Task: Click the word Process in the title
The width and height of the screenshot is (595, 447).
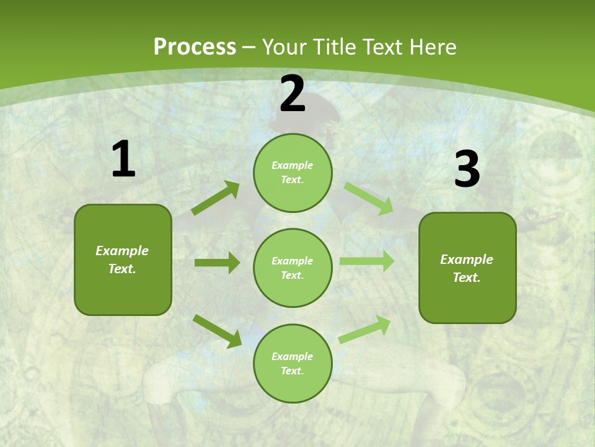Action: click(x=195, y=47)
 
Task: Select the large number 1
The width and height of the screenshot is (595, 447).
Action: click(x=123, y=160)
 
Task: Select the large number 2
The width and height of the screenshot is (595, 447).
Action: click(x=293, y=94)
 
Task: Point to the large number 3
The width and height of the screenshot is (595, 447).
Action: click(x=467, y=169)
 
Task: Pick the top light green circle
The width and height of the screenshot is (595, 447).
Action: click(x=293, y=173)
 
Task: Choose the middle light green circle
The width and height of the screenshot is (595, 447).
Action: click(x=293, y=268)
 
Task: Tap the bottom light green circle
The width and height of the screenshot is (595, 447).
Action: click(x=293, y=363)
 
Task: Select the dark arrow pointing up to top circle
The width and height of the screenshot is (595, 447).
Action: click(x=215, y=198)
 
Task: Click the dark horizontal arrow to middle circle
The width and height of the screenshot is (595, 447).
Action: click(x=217, y=263)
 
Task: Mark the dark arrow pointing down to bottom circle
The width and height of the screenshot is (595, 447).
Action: click(x=217, y=331)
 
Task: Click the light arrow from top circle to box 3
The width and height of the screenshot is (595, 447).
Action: click(x=369, y=198)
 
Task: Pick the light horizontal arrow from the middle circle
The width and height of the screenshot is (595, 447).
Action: click(x=367, y=261)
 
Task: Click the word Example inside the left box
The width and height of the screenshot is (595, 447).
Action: click(x=122, y=251)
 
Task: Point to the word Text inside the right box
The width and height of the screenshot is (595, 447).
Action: click(x=466, y=278)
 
